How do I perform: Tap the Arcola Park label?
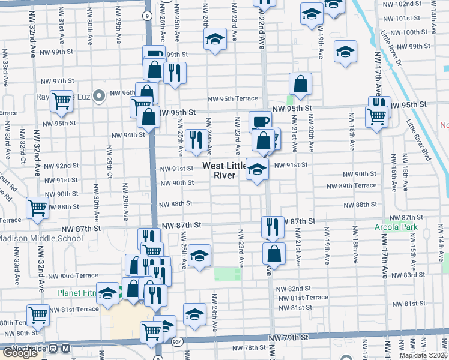391,228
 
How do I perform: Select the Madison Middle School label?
41,238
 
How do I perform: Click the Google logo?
20,353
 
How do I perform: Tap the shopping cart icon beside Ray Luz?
61,103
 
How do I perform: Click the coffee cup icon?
260,122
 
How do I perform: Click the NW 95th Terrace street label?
233,99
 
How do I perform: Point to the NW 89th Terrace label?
357,186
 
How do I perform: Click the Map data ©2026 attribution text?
423,355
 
